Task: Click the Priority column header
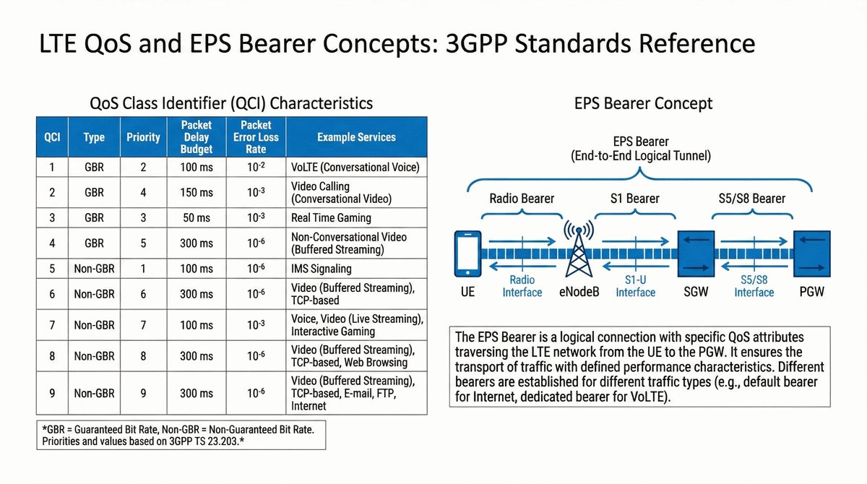tap(143, 137)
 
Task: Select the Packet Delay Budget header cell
tap(197, 137)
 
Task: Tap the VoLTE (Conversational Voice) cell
tap(356, 167)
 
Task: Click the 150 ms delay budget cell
tap(197, 192)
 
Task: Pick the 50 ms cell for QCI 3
tap(197, 218)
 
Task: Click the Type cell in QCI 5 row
tap(94, 269)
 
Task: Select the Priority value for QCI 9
tap(143, 393)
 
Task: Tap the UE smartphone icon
tap(467, 254)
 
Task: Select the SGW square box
tap(696, 254)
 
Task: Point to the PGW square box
tap(811, 254)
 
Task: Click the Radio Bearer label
tap(522, 199)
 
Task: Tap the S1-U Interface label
tap(636, 286)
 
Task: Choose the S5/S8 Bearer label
tap(752, 199)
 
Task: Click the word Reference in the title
tap(696, 43)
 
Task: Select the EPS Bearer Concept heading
tap(643, 103)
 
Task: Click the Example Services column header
tap(356, 137)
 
